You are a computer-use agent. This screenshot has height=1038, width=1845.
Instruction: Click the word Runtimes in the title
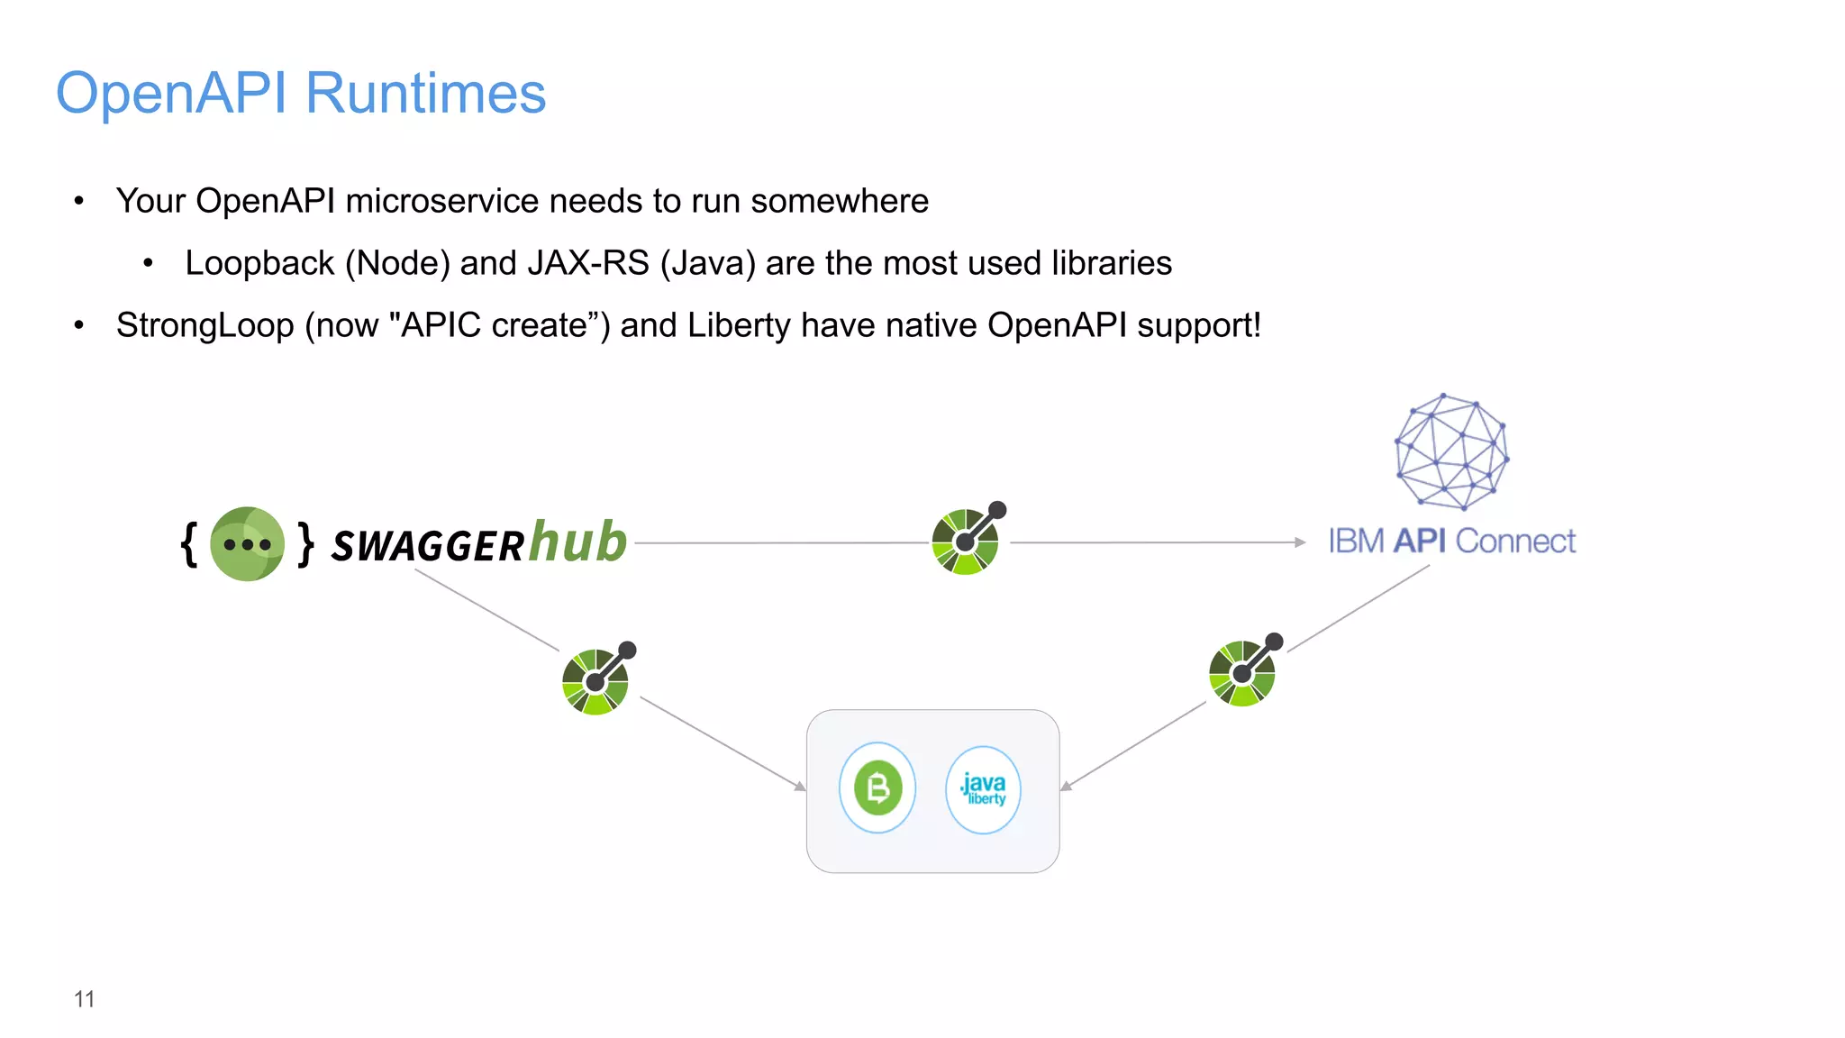[x=425, y=94]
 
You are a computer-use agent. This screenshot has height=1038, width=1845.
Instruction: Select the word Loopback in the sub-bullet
[x=259, y=263]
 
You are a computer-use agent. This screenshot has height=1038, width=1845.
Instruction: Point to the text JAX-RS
[x=588, y=263]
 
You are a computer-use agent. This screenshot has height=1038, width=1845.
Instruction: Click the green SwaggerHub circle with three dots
[x=247, y=544]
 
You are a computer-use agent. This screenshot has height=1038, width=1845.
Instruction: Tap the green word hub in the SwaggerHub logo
[x=577, y=542]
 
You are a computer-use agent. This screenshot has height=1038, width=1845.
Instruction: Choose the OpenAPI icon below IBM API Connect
[x=1243, y=672]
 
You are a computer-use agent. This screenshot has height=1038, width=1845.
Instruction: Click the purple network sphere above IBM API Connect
[x=1450, y=451]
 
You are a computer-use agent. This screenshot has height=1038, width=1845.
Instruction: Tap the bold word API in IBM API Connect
[x=1419, y=542]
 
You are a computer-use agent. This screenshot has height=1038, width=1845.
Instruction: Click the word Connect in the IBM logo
[x=1515, y=542]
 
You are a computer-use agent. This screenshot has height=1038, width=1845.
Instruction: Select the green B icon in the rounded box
[x=877, y=788]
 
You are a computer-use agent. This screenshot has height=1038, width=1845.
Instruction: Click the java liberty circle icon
[x=983, y=789]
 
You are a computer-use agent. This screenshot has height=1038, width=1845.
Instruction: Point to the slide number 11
[x=84, y=999]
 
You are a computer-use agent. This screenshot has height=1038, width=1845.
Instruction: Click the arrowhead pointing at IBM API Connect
[x=1299, y=542]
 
